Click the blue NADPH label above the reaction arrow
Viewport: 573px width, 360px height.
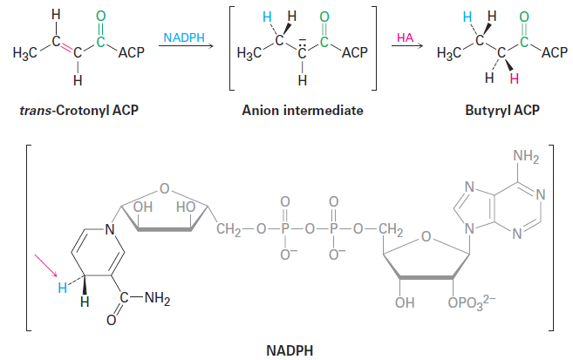pyautogui.click(x=184, y=37)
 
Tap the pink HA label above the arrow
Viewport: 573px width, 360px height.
pyautogui.click(x=405, y=37)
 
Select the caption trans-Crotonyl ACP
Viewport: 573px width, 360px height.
pyautogui.click(x=79, y=110)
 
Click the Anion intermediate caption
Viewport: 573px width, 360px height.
pyautogui.click(x=303, y=110)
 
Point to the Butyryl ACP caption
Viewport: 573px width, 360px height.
pyautogui.click(x=502, y=110)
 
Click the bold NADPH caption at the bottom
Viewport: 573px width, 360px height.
pyautogui.click(x=290, y=350)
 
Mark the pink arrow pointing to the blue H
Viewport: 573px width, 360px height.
pyautogui.click(x=46, y=266)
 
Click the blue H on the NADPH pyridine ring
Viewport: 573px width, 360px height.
pyautogui.click(x=63, y=288)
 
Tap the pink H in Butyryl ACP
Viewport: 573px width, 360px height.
pyautogui.click(x=515, y=78)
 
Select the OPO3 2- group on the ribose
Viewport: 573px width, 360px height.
pyautogui.click(x=472, y=302)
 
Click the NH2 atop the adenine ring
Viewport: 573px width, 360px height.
pyautogui.click(x=526, y=157)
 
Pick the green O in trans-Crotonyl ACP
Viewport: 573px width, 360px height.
pyautogui.click(x=101, y=16)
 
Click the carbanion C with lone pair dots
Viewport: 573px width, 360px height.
pyautogui.click(x=302, y=51)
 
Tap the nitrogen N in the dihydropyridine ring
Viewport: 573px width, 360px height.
pyautogui.click(x=109, y=229)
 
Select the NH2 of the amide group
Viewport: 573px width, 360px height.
pyautogui.click(x=157, y=299)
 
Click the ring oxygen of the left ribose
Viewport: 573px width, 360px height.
pyautogui.click(x=165, y=188)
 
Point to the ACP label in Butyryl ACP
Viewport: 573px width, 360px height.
pyautogui.click(x=555, y=52)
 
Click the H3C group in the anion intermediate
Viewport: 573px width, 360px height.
pyautogui.click(x=249, y=53)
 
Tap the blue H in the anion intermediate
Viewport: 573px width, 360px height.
pyautogui.click(x=267, y=17)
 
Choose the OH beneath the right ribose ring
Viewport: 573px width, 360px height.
pyautogui.click(x=405, y=302)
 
